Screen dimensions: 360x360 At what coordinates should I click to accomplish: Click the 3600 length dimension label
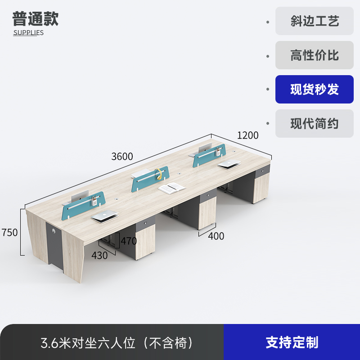click(122, 157)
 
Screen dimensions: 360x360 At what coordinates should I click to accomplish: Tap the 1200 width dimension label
click(247, 135)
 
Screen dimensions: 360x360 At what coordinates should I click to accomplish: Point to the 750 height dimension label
click(9, 233)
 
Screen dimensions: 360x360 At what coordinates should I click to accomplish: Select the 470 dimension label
click(128, 241)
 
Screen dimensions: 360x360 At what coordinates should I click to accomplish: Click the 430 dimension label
click(99, 256)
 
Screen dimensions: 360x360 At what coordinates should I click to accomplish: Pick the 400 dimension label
click(216, 236)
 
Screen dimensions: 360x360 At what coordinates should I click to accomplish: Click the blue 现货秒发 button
click(314, 90)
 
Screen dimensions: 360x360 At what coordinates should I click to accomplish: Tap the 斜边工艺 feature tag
click(314, 21)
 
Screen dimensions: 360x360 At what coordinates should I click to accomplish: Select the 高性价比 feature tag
click(314, 55)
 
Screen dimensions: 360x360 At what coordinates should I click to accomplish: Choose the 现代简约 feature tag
click(314, 124)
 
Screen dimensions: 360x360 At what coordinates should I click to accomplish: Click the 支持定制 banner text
click(292, 342)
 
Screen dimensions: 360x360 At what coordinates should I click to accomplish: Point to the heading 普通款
click(35, 19)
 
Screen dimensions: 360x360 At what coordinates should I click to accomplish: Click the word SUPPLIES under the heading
click(28, 33)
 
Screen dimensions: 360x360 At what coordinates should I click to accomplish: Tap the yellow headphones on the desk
click(158, 174)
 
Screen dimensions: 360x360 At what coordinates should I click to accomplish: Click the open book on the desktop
click(172, 188)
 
